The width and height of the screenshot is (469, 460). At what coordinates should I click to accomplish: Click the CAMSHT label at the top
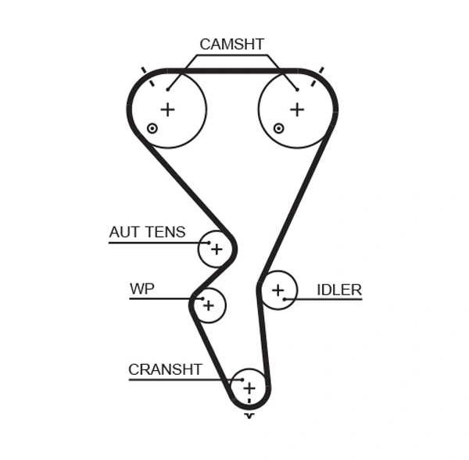coord(231,45)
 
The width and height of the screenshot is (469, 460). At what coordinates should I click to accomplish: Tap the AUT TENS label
coord(147,232)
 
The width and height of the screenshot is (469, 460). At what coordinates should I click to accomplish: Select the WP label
coord(141,289)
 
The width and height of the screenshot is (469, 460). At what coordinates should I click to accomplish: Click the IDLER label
coord(338,290)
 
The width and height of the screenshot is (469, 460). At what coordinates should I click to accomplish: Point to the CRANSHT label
coord(165,369)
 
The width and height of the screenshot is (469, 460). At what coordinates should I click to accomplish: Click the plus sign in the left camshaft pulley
coord(167,109)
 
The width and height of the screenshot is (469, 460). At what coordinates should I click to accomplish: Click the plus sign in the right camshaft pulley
coord(296,109)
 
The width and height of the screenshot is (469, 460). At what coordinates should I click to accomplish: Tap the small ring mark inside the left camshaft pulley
coord(152,128)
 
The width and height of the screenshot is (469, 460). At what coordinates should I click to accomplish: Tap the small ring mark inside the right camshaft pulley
coord(279,128)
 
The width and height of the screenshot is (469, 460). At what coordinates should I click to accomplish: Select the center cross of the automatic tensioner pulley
coord(217,250)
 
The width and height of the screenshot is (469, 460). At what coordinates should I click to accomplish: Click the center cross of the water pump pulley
coord(208,305)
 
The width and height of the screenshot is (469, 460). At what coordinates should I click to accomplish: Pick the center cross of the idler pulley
coord(277,291)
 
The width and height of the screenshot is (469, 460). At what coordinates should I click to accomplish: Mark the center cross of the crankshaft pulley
coord(249,387)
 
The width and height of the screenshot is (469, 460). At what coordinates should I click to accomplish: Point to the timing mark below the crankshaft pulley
coord(249,415)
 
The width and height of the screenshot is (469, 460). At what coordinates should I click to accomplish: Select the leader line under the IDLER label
coord(328,300)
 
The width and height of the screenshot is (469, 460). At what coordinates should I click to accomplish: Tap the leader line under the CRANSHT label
coord(180,380)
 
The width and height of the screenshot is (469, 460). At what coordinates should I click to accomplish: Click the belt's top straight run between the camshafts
coord(231,71)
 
